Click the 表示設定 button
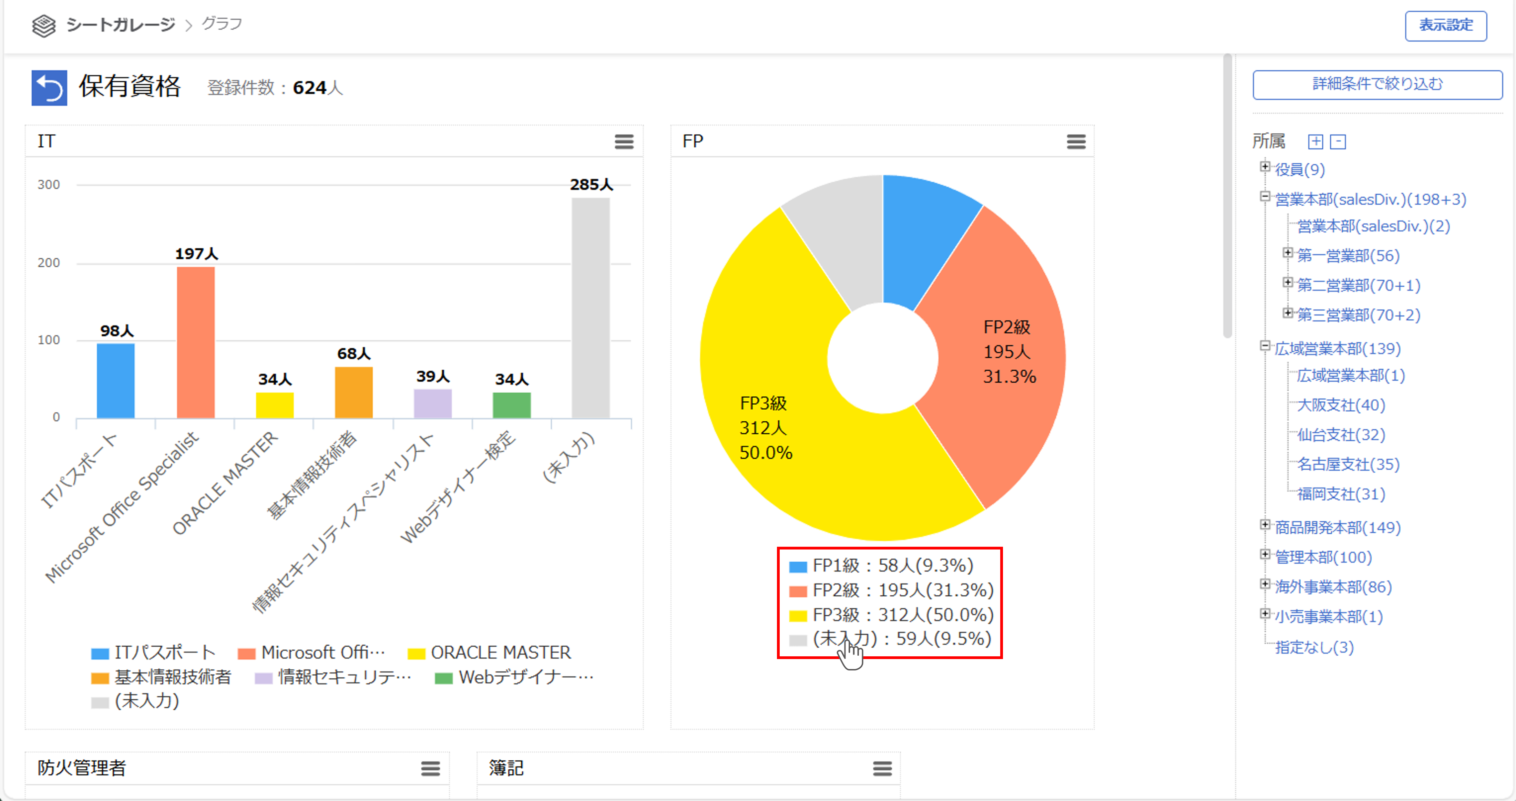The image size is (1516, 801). pos(1445,25)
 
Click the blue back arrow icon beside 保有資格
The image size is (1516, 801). pos(49,88)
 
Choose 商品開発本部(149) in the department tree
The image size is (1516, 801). pos(1337,527)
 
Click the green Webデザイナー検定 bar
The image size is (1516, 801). pos(511,405)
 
